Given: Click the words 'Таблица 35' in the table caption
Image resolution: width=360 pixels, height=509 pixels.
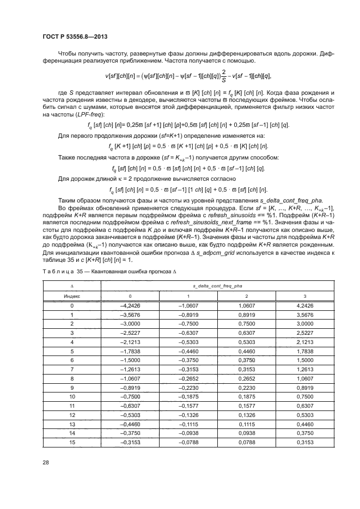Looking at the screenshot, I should coord(58,271).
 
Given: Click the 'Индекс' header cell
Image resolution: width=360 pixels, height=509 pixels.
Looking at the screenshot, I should coord(72,296).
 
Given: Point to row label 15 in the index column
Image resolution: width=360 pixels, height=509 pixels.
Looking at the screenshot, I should coord(72,441).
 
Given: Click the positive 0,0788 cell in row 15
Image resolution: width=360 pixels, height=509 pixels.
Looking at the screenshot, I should coord(247,441).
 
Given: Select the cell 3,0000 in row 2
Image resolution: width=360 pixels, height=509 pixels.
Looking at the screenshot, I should coord(305,324).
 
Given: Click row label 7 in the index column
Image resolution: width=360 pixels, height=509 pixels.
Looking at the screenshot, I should coord(72,369).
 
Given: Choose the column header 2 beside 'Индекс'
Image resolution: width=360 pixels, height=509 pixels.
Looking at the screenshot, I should coord(247,296).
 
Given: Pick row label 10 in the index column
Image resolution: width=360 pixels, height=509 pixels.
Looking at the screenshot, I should coord(72,396).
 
